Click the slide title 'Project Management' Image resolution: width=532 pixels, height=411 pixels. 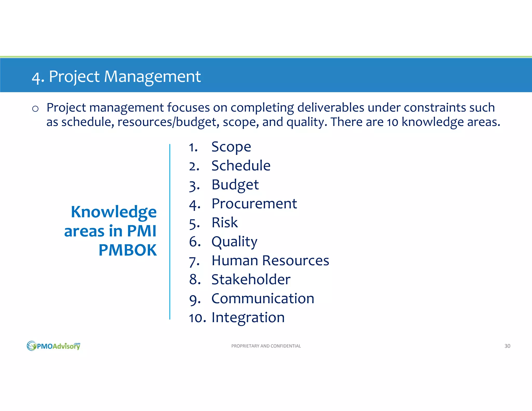(116, 77)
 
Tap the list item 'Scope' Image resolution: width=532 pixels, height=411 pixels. (231, 147)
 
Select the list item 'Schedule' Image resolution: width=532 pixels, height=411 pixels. (241, 166)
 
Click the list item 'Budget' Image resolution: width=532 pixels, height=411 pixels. (235, 185)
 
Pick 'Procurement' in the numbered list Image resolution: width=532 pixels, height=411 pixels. (254, 204)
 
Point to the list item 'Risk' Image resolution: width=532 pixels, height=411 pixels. (224, 223)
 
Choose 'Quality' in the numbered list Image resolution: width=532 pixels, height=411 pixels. (234, 242)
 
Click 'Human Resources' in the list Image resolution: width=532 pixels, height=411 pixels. (270, 261)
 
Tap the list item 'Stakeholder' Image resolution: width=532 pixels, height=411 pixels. (251, 280)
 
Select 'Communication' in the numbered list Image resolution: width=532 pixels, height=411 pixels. (263, 299)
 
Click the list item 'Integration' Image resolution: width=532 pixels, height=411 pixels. (248, 317)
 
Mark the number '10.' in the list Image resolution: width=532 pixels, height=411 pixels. (197, 318)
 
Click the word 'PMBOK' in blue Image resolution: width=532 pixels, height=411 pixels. (128, 250)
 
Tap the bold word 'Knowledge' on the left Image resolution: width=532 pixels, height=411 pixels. (114, 212)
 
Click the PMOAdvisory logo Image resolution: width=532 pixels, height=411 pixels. (54, 346)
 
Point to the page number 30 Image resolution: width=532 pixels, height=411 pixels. (507, 346)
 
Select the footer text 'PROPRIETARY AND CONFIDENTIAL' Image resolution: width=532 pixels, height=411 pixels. (266, 346)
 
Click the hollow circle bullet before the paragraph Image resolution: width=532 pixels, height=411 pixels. (35, 109)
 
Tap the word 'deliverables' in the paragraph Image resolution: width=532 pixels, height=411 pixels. (330, 108)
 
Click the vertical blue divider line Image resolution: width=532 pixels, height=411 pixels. (170, 231)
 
